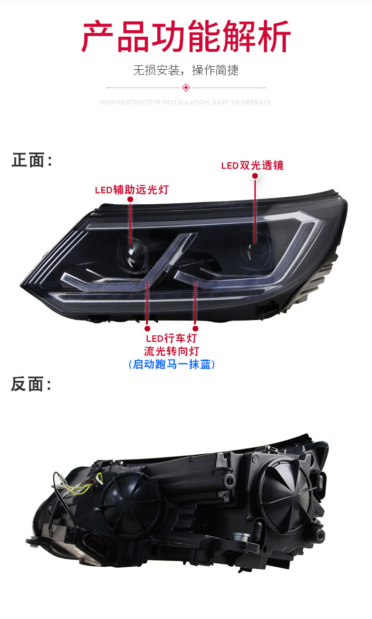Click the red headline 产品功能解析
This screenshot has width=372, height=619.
186,36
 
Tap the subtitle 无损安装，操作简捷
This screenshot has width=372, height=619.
186,71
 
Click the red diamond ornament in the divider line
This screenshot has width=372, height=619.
186,88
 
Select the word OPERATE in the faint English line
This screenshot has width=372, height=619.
256,102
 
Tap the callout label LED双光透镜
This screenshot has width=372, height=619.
252,166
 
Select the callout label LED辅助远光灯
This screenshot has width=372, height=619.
131,190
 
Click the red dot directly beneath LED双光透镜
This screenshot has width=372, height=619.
255,176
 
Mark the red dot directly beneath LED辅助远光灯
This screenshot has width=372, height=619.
130,200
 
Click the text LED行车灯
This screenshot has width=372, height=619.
171,338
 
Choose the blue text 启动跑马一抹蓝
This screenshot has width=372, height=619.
171,364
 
